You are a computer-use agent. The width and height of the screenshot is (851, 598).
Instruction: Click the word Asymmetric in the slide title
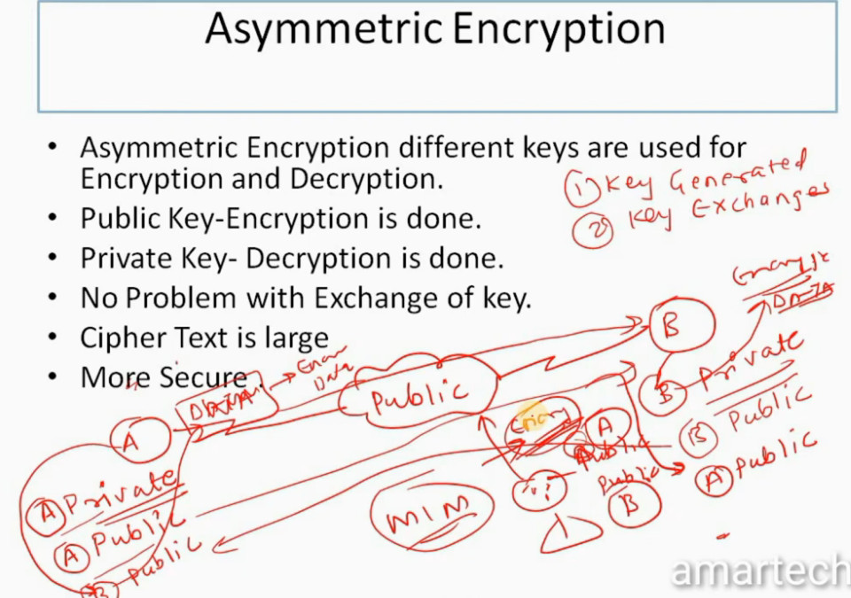pos(324,29)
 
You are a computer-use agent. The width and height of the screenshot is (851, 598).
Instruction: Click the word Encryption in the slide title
pos(558,29)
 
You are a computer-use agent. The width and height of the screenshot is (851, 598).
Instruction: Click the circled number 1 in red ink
pos(583,187)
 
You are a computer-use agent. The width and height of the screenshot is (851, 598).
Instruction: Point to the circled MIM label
pos(429,510)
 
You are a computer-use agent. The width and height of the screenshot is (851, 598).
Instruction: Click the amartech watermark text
pos(759,571)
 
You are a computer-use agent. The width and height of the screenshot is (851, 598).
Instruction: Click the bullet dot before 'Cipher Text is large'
pos(56,338)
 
